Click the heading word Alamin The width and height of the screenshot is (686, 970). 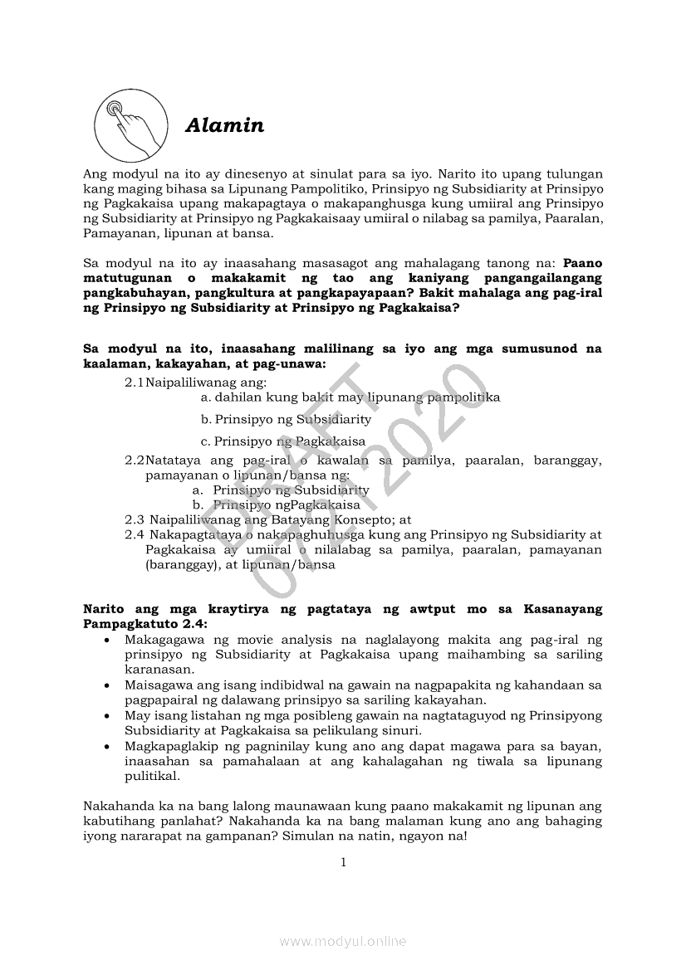(224, 126)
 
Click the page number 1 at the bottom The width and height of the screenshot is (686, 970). (343, 862)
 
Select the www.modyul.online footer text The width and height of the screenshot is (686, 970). (343, 941)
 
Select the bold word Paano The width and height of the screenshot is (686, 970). (582, 263)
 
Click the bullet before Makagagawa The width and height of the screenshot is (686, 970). (107, 640)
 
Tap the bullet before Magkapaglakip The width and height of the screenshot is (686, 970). (107, 747)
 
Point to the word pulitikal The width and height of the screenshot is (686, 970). (152, 777)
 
